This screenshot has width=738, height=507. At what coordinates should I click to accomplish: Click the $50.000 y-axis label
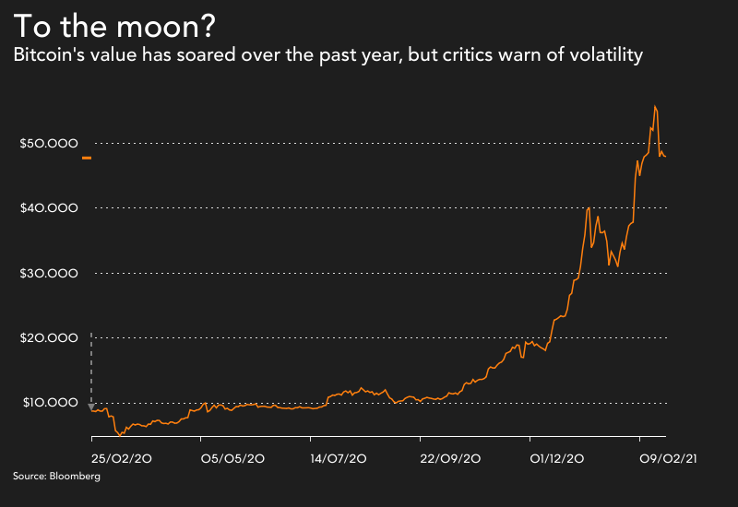click(49, 144)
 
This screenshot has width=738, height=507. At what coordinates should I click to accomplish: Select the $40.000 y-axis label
click(49, 208)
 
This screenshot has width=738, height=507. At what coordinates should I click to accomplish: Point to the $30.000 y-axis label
click(49, 274)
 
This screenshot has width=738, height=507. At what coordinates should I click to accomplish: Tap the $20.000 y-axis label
click(49, 338)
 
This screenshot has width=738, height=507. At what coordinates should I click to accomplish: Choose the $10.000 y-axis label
click(49, 403)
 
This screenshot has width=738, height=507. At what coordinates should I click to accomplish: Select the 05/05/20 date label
click(232, 458)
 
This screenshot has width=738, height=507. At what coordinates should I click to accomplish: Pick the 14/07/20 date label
click(339, 458)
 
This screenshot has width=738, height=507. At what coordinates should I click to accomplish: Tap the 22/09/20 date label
click(449, 458)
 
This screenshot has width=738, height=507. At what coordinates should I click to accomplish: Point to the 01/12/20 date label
click(556, 458)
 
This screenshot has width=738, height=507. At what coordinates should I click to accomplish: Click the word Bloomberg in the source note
click(76, 478)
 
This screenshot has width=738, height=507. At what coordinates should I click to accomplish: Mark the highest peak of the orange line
click(654, 106)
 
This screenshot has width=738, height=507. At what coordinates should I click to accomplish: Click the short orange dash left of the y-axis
click(87, 159)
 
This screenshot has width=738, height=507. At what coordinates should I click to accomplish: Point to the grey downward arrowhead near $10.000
click(90, 407)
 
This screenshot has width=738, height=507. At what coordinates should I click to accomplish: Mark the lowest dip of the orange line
click(120, 435)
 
